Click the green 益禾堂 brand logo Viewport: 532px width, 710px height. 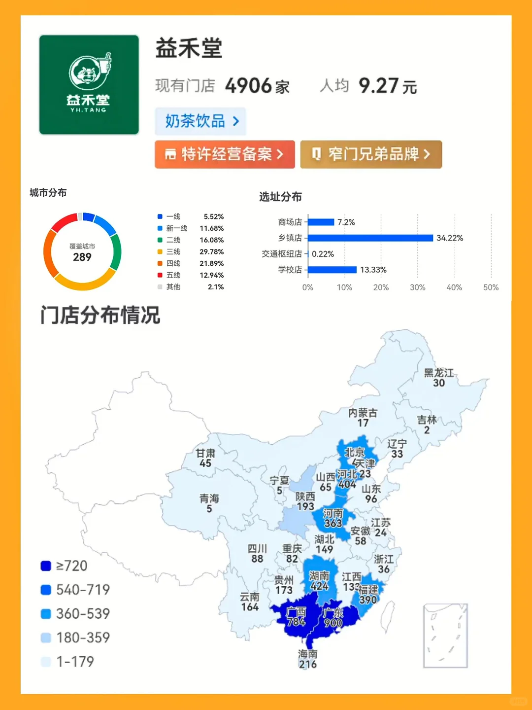89,84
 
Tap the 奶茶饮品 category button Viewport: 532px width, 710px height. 200,121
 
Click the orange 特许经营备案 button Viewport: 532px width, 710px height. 225,154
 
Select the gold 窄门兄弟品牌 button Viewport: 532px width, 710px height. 371,154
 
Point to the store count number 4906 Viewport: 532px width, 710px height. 248,86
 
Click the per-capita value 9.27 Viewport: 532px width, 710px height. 378,86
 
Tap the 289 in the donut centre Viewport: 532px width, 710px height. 82,257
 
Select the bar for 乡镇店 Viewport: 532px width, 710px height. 370,238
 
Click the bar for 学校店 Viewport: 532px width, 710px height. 332,270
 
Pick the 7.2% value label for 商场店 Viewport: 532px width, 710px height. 346,222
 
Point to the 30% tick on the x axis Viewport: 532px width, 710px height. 417,287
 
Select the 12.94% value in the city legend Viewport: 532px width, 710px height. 211,275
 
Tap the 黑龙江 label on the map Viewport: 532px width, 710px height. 438,373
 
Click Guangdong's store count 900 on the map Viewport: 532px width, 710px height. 333,623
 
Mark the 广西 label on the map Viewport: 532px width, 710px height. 296,612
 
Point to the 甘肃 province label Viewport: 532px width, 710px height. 205,453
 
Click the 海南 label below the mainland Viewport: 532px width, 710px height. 308,654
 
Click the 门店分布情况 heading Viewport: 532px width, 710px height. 100,315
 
